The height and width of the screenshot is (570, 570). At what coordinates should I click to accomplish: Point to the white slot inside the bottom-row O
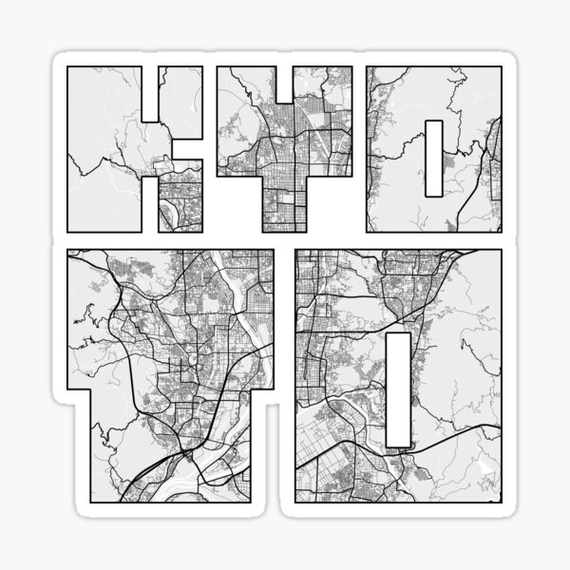(x=400, y=389)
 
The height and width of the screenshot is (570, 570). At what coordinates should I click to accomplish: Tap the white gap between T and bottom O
(x=285, y=380)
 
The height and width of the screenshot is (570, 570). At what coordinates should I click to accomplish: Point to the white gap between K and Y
(x=211, y=142)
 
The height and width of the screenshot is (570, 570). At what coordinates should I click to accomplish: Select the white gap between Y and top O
(x=359, y=142)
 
